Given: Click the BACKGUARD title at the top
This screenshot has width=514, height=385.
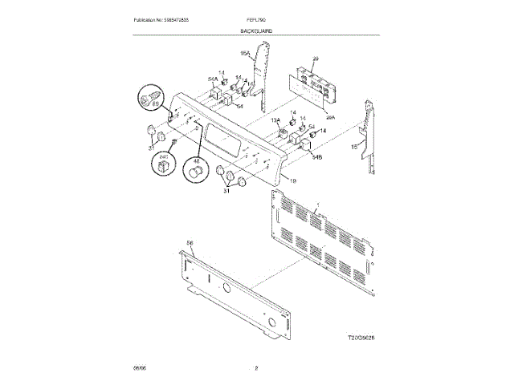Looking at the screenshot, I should click(255, 30).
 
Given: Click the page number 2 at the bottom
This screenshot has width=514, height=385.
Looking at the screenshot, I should click(256, 367).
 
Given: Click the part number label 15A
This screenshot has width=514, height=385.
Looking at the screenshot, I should click(246, 54).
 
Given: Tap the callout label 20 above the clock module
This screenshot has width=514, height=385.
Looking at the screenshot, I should click(316, 59).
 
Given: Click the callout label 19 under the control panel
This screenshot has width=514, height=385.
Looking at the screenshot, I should click(293, 181).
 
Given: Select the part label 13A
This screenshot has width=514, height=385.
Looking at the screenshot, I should click(275, 120).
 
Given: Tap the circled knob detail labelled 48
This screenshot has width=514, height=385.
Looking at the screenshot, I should click(195, 170).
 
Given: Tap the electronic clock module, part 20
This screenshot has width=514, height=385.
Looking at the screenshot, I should click(316, 86).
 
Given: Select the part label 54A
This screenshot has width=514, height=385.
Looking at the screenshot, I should click(213, 79).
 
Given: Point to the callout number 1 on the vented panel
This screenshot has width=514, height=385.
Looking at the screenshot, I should click(318, 205).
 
